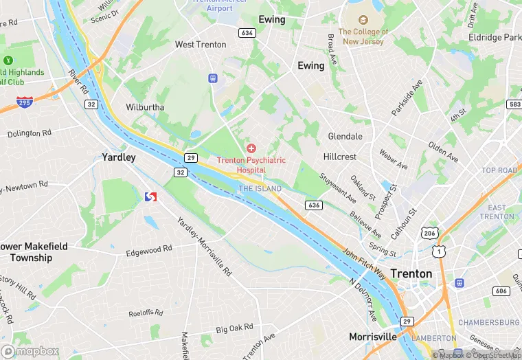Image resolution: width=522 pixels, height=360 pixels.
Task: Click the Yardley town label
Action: coord(119,157)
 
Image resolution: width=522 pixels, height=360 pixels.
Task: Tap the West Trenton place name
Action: coord(200,45)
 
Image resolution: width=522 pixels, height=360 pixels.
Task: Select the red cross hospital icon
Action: coord(251,148)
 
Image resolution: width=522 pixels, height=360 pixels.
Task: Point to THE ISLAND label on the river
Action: coord(260,188)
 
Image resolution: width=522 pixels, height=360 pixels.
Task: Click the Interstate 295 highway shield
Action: coord(24,102)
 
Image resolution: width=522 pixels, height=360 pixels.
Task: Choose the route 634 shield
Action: coord(247,32)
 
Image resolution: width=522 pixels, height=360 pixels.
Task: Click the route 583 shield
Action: coord(514,104)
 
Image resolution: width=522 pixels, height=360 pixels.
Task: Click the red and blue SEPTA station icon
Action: coord(151,197)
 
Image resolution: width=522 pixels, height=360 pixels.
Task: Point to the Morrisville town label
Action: coord(372,337)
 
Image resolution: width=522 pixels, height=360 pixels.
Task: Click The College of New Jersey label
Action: coord(363,36)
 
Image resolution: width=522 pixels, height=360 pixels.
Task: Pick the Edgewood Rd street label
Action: coord(149,251)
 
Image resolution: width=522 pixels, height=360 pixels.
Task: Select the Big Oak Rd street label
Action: coord(235,328)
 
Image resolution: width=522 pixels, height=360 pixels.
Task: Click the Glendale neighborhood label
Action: coord(345,136)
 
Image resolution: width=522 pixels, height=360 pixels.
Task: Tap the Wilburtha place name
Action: coord(145,107)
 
